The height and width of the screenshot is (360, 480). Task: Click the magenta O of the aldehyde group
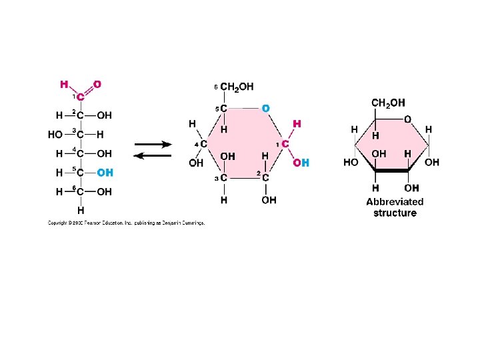(x=97, y=85)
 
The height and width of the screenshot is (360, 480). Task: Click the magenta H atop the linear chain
(x=64, y=85)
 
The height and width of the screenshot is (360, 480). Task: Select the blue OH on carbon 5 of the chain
(x=105, y=173)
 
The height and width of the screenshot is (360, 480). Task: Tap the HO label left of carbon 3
(x=55, y=135)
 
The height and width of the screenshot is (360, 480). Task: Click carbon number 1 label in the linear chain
(x=80, y=97)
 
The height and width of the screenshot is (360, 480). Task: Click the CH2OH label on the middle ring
(x=237, y=87)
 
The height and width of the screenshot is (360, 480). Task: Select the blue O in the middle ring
(x=266, y=107)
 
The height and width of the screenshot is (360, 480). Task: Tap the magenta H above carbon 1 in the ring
(x=297, y=124)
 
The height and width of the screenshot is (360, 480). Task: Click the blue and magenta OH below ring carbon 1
(x=301, y=163)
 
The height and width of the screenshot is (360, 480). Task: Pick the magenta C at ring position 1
(x=285, y=144)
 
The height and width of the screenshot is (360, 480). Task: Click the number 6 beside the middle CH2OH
(x=215, y=87)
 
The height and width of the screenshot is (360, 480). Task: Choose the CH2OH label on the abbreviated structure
(x=388, y=103)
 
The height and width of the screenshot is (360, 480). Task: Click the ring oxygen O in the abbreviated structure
(x=407, y=119)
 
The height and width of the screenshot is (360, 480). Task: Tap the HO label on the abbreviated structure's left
(x=351, y=163)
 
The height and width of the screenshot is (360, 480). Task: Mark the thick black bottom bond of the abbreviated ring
(x=393, y=171)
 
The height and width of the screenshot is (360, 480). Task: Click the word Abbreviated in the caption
(x=395, y=201)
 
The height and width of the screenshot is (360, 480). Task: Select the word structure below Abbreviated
(x=395, y=213)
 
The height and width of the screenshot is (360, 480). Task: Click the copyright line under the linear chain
(x=126, y=223)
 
